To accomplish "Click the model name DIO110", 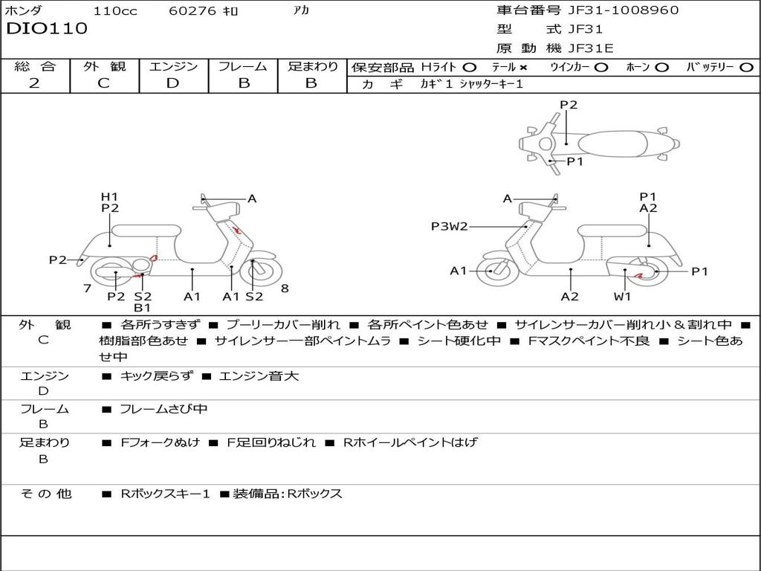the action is click(47, 28).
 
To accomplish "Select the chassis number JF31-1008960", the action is click(624, 10).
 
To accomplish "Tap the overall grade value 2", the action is click(34, 83).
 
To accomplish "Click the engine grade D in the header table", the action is click(172, 83).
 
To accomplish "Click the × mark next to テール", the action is click(522, 68).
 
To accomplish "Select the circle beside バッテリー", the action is click(746, 68).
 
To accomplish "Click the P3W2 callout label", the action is click(450, 226).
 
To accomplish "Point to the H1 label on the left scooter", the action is click(110, 196).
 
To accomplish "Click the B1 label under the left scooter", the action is click(142, 307).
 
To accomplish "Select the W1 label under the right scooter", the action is click(622, 296).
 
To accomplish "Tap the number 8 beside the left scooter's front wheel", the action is click(285, 288).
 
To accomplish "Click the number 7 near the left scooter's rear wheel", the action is click(88, 288).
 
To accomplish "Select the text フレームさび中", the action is click(163, 409).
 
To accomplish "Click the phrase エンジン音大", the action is click(259, 375).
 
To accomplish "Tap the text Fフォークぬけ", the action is click(161, 442).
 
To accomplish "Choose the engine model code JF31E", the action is click(591, 48).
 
